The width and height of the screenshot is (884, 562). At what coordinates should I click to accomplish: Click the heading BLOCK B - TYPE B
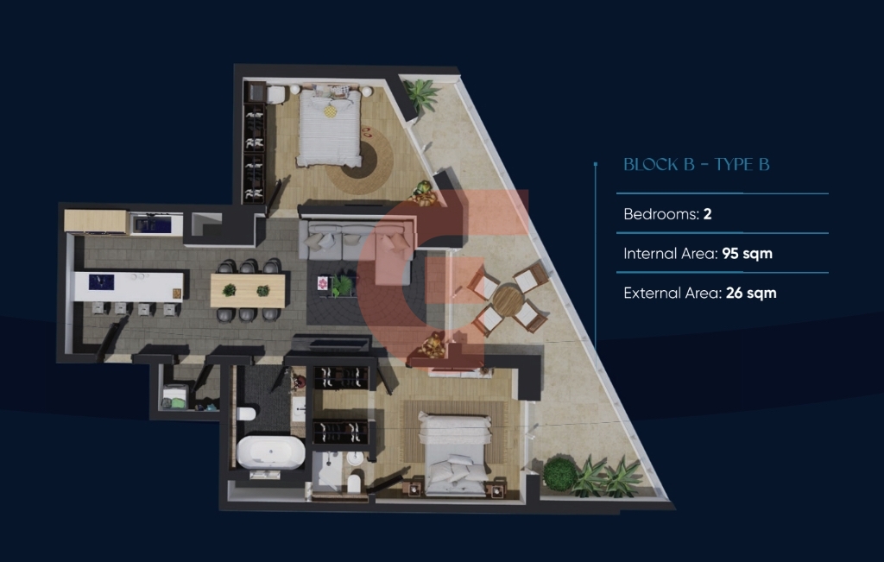[697, 165]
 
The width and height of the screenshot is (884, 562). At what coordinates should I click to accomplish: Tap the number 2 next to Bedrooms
[708, 214]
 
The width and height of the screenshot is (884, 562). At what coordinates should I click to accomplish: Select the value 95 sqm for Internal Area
[747, 254]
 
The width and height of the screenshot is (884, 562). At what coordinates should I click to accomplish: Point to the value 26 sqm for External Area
[751, 294]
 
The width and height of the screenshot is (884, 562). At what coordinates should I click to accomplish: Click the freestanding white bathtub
[270, 452]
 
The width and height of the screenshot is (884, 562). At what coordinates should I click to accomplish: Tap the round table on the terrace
[508, 300]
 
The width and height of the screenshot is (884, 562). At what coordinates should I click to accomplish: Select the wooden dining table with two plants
[248, 291]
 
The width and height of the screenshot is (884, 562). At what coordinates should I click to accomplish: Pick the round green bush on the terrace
[559, 474]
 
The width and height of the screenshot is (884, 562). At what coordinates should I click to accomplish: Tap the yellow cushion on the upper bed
[331, 111]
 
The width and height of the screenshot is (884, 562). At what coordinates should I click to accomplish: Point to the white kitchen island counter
[129, 287]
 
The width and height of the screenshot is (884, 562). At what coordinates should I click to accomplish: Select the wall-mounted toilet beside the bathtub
[246, 414]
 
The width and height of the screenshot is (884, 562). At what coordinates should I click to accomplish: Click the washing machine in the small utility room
[175, 395]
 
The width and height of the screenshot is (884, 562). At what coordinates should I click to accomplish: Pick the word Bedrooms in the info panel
[661, 214]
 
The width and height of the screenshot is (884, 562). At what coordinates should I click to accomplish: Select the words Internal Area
[670, 254]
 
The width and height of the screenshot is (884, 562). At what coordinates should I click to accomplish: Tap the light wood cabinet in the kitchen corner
[96, 221]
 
